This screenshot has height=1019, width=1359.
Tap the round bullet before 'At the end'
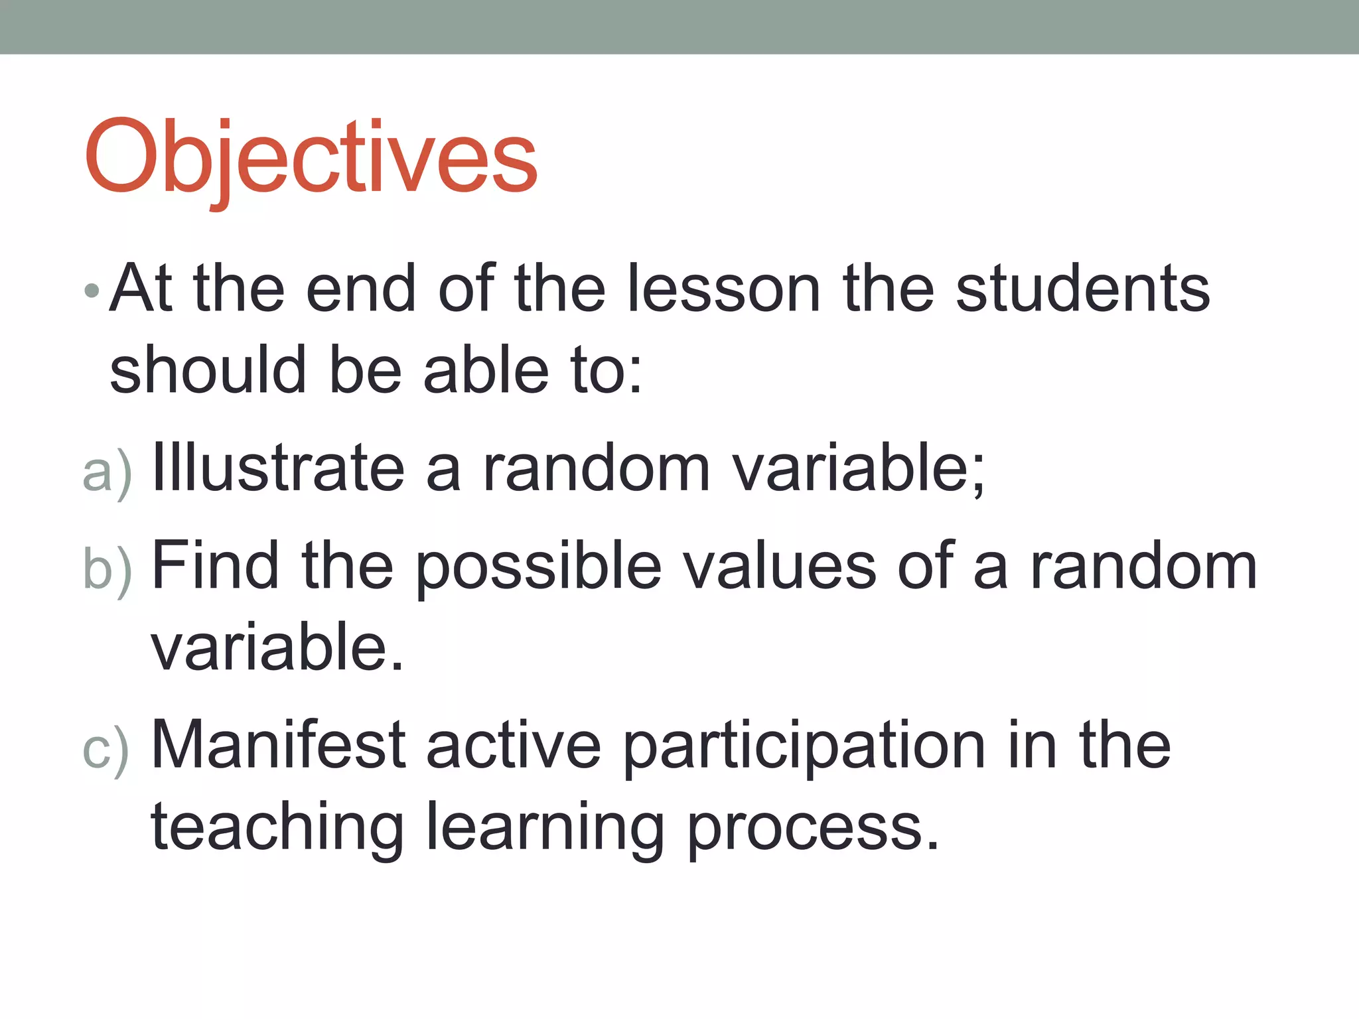tap(92, 291)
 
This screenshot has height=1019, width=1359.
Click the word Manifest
tap(279, 745)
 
